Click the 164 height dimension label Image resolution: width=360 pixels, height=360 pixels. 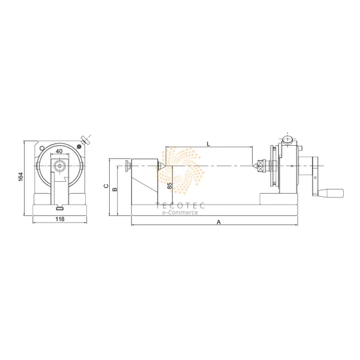(20, 178)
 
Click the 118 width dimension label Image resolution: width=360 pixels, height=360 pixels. (60, 220)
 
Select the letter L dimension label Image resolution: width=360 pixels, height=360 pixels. (208, 144)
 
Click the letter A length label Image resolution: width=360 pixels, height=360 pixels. (219, 222)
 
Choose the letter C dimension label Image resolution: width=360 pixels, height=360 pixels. (106, 187)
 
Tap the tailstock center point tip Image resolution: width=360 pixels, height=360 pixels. (163, 166)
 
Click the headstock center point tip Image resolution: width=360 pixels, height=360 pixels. (254, 166)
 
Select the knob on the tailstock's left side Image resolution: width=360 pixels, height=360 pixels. (127, 166)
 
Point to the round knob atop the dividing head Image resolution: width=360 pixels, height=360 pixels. (287, 139)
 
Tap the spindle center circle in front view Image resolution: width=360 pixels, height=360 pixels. (60, 166)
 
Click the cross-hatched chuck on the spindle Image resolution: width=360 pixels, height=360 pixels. (262, 166)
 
